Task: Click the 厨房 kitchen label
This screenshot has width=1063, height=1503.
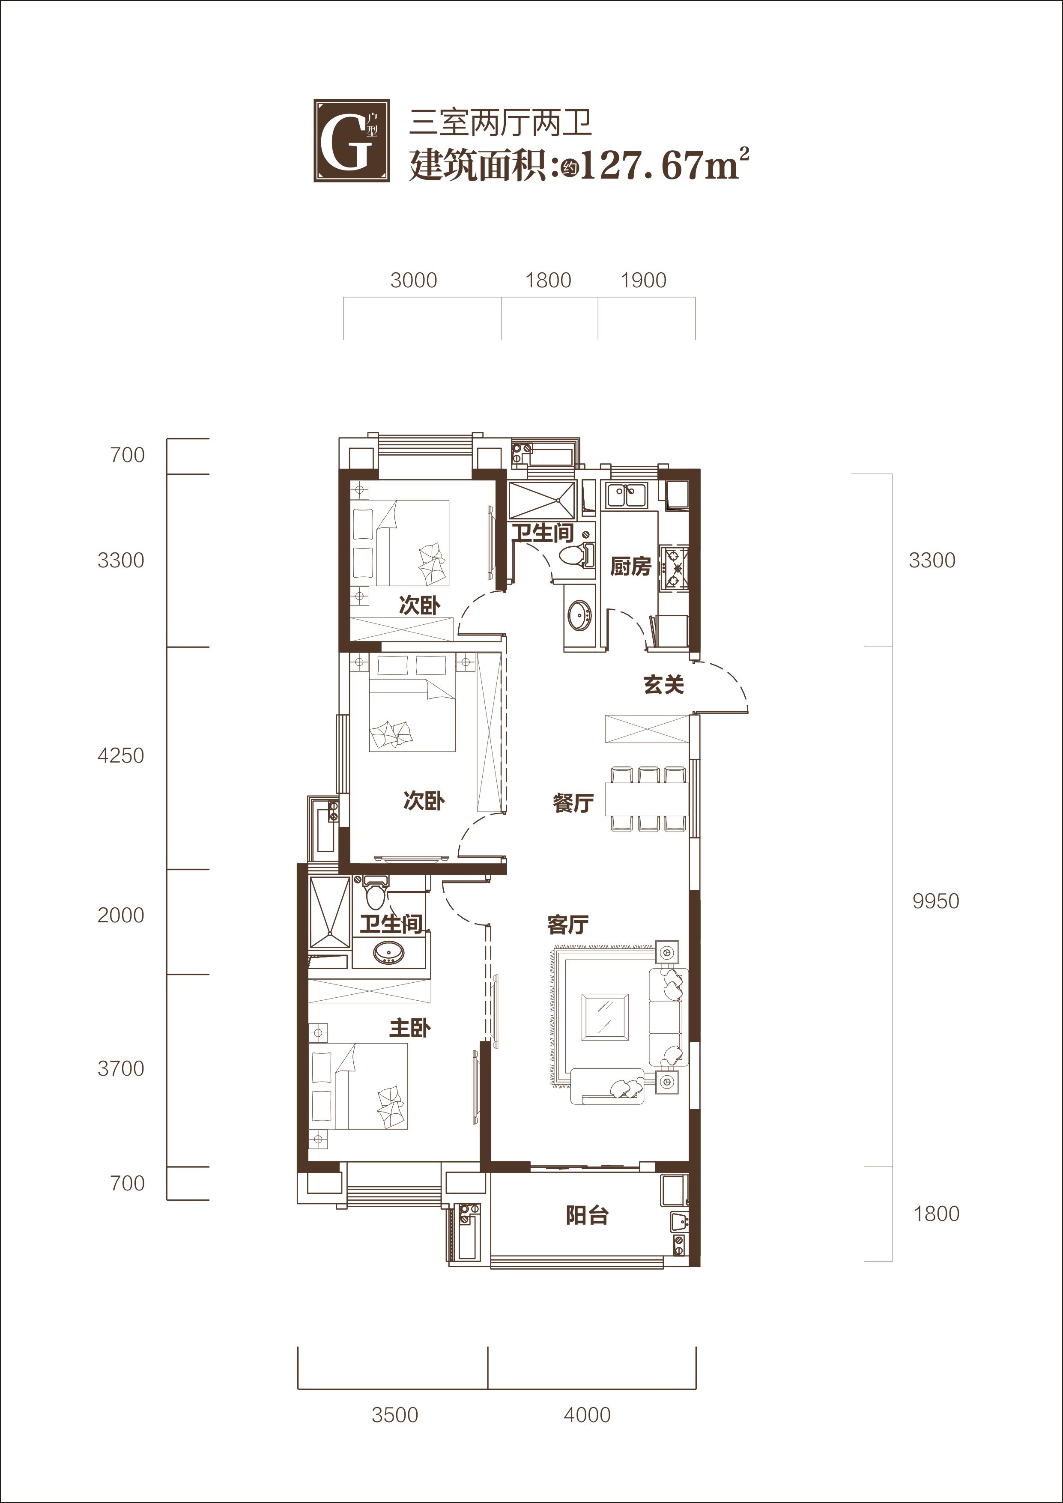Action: [x=631, y=566]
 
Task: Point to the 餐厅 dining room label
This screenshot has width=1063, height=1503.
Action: [x=573, y=802]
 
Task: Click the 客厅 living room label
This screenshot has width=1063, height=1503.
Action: [x=567, y=924]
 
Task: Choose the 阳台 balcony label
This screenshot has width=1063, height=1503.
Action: [x=587, y=1215]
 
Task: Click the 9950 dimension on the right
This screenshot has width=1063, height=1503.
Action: [x=936, y=901]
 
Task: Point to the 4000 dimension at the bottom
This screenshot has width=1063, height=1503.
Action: [x=587, y=1415]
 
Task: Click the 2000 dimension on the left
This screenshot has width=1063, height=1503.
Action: [x=120, y=915]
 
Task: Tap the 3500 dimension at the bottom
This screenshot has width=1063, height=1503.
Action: [x=395, y=1415]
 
